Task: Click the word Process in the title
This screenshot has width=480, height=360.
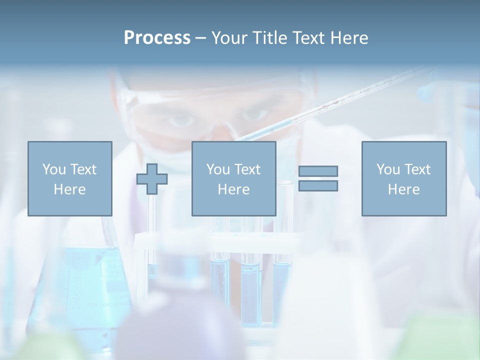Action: (x=157, y=38)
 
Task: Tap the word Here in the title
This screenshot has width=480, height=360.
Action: (x=348, y=38)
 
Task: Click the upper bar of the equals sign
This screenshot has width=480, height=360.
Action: (x=318, y=171)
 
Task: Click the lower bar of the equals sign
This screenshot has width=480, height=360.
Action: (x=318, y=186)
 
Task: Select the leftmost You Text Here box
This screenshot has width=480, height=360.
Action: (x=70, y=178)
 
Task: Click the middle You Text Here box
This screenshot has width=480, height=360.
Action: (x=234, y=178)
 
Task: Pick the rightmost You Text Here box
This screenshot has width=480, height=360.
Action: (x=404, y=178)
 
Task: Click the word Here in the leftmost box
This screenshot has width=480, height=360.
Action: (x=70, y=189)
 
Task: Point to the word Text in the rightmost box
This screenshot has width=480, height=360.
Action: (x=417, y=169)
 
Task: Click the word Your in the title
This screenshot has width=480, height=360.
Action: (x=229, y=38)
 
